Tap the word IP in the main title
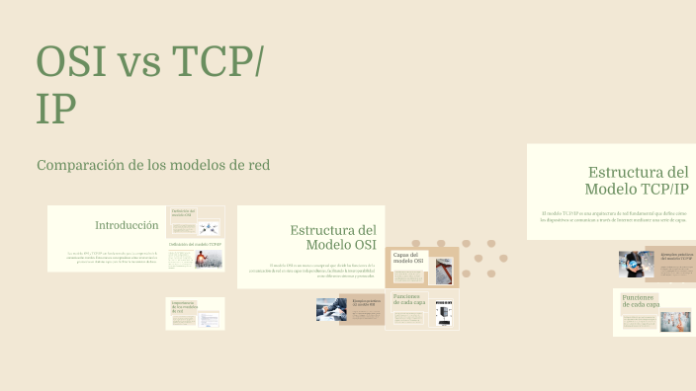[56, 111]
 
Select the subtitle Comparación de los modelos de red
[152, 165]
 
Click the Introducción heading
[127, 225]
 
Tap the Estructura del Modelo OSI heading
[333, 237]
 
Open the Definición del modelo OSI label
[183, 212]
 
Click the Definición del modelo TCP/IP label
[196, 243]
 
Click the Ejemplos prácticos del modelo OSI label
[366, 303]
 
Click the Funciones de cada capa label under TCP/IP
[640, 301]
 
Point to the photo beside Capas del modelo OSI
[444, 272]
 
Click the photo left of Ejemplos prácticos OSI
[330, 310]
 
